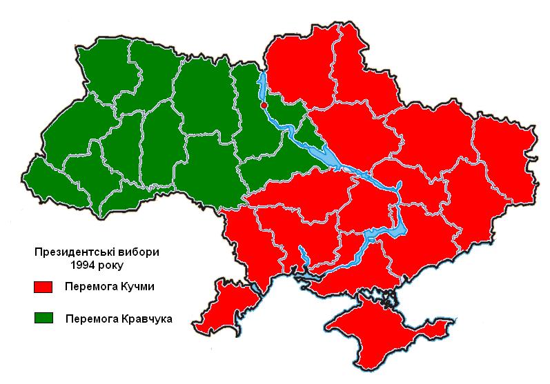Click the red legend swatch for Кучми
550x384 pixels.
coord(44,286)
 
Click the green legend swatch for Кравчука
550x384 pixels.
coord(44,318)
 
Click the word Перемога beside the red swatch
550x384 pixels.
coord(87,287)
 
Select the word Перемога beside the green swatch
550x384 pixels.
coord(91,319)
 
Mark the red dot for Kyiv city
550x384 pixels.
coord(264,104)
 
